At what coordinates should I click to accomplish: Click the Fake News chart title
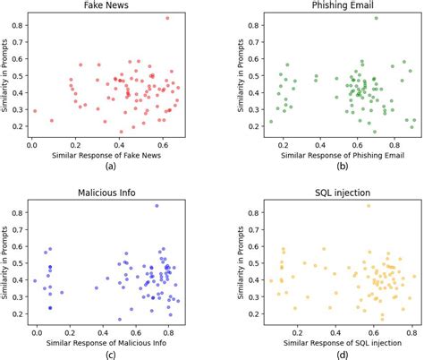pos(109,6)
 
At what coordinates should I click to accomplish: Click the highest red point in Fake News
pos(166,18)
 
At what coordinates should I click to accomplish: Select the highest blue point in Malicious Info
pos(157,206)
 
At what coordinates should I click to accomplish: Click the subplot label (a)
pos(109,167)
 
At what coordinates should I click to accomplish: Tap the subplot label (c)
pos(109,355)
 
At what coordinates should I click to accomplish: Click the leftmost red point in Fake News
pos(35,111)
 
